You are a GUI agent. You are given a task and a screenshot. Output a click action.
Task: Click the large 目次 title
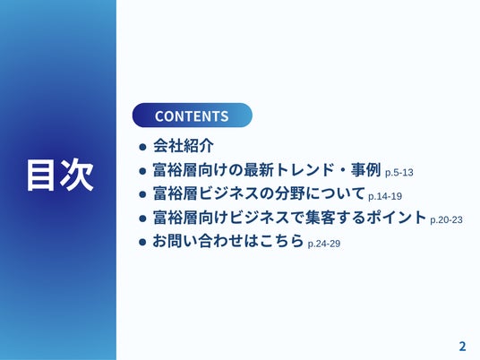pos(60,176)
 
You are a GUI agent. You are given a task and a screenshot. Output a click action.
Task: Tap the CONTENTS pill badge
pos(193,116)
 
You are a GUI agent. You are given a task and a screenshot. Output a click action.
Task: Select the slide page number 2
pos(462,347)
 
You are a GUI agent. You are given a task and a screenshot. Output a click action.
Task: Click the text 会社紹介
pos(184,146)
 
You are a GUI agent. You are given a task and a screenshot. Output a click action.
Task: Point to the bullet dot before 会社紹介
pos(142,147)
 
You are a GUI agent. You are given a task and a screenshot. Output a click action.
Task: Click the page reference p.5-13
pos(399,173)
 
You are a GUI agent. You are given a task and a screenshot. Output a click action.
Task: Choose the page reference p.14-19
pos(385,196)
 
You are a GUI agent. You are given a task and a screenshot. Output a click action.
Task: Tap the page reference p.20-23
pos(446,219)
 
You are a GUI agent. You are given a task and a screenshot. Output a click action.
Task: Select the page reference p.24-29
pos(324,244)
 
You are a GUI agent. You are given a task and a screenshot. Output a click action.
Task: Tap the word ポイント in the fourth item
pos(397,218)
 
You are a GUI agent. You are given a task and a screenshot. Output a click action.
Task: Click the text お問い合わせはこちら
pos(228,241)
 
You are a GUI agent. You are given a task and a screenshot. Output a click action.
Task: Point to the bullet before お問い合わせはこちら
pos(142,242)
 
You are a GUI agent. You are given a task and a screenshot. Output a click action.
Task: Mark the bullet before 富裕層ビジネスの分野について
pos(142,194)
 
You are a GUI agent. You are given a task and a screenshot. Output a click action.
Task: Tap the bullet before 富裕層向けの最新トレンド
pos(142,171)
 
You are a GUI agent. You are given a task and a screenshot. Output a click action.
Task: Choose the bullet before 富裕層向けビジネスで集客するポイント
pos(142,219)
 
